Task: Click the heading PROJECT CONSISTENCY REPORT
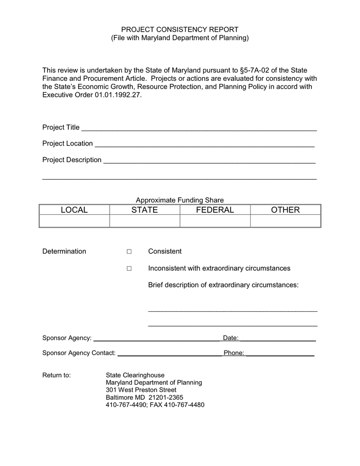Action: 179,30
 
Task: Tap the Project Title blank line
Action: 199,129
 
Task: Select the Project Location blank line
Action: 205,145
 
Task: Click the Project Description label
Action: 72,160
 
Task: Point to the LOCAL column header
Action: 74,210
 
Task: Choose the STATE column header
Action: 144,210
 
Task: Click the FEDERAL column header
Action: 215,210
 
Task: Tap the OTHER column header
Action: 285,210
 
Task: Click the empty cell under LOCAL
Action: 74,221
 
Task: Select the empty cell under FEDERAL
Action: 215,221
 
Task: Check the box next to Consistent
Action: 129,252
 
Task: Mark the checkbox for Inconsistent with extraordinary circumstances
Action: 129,269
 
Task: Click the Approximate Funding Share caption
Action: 179,200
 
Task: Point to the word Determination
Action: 64,252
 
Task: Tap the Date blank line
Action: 278,340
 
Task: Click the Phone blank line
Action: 280,355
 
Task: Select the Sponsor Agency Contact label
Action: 79,353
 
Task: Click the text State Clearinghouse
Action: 135,375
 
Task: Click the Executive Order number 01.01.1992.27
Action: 117,96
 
